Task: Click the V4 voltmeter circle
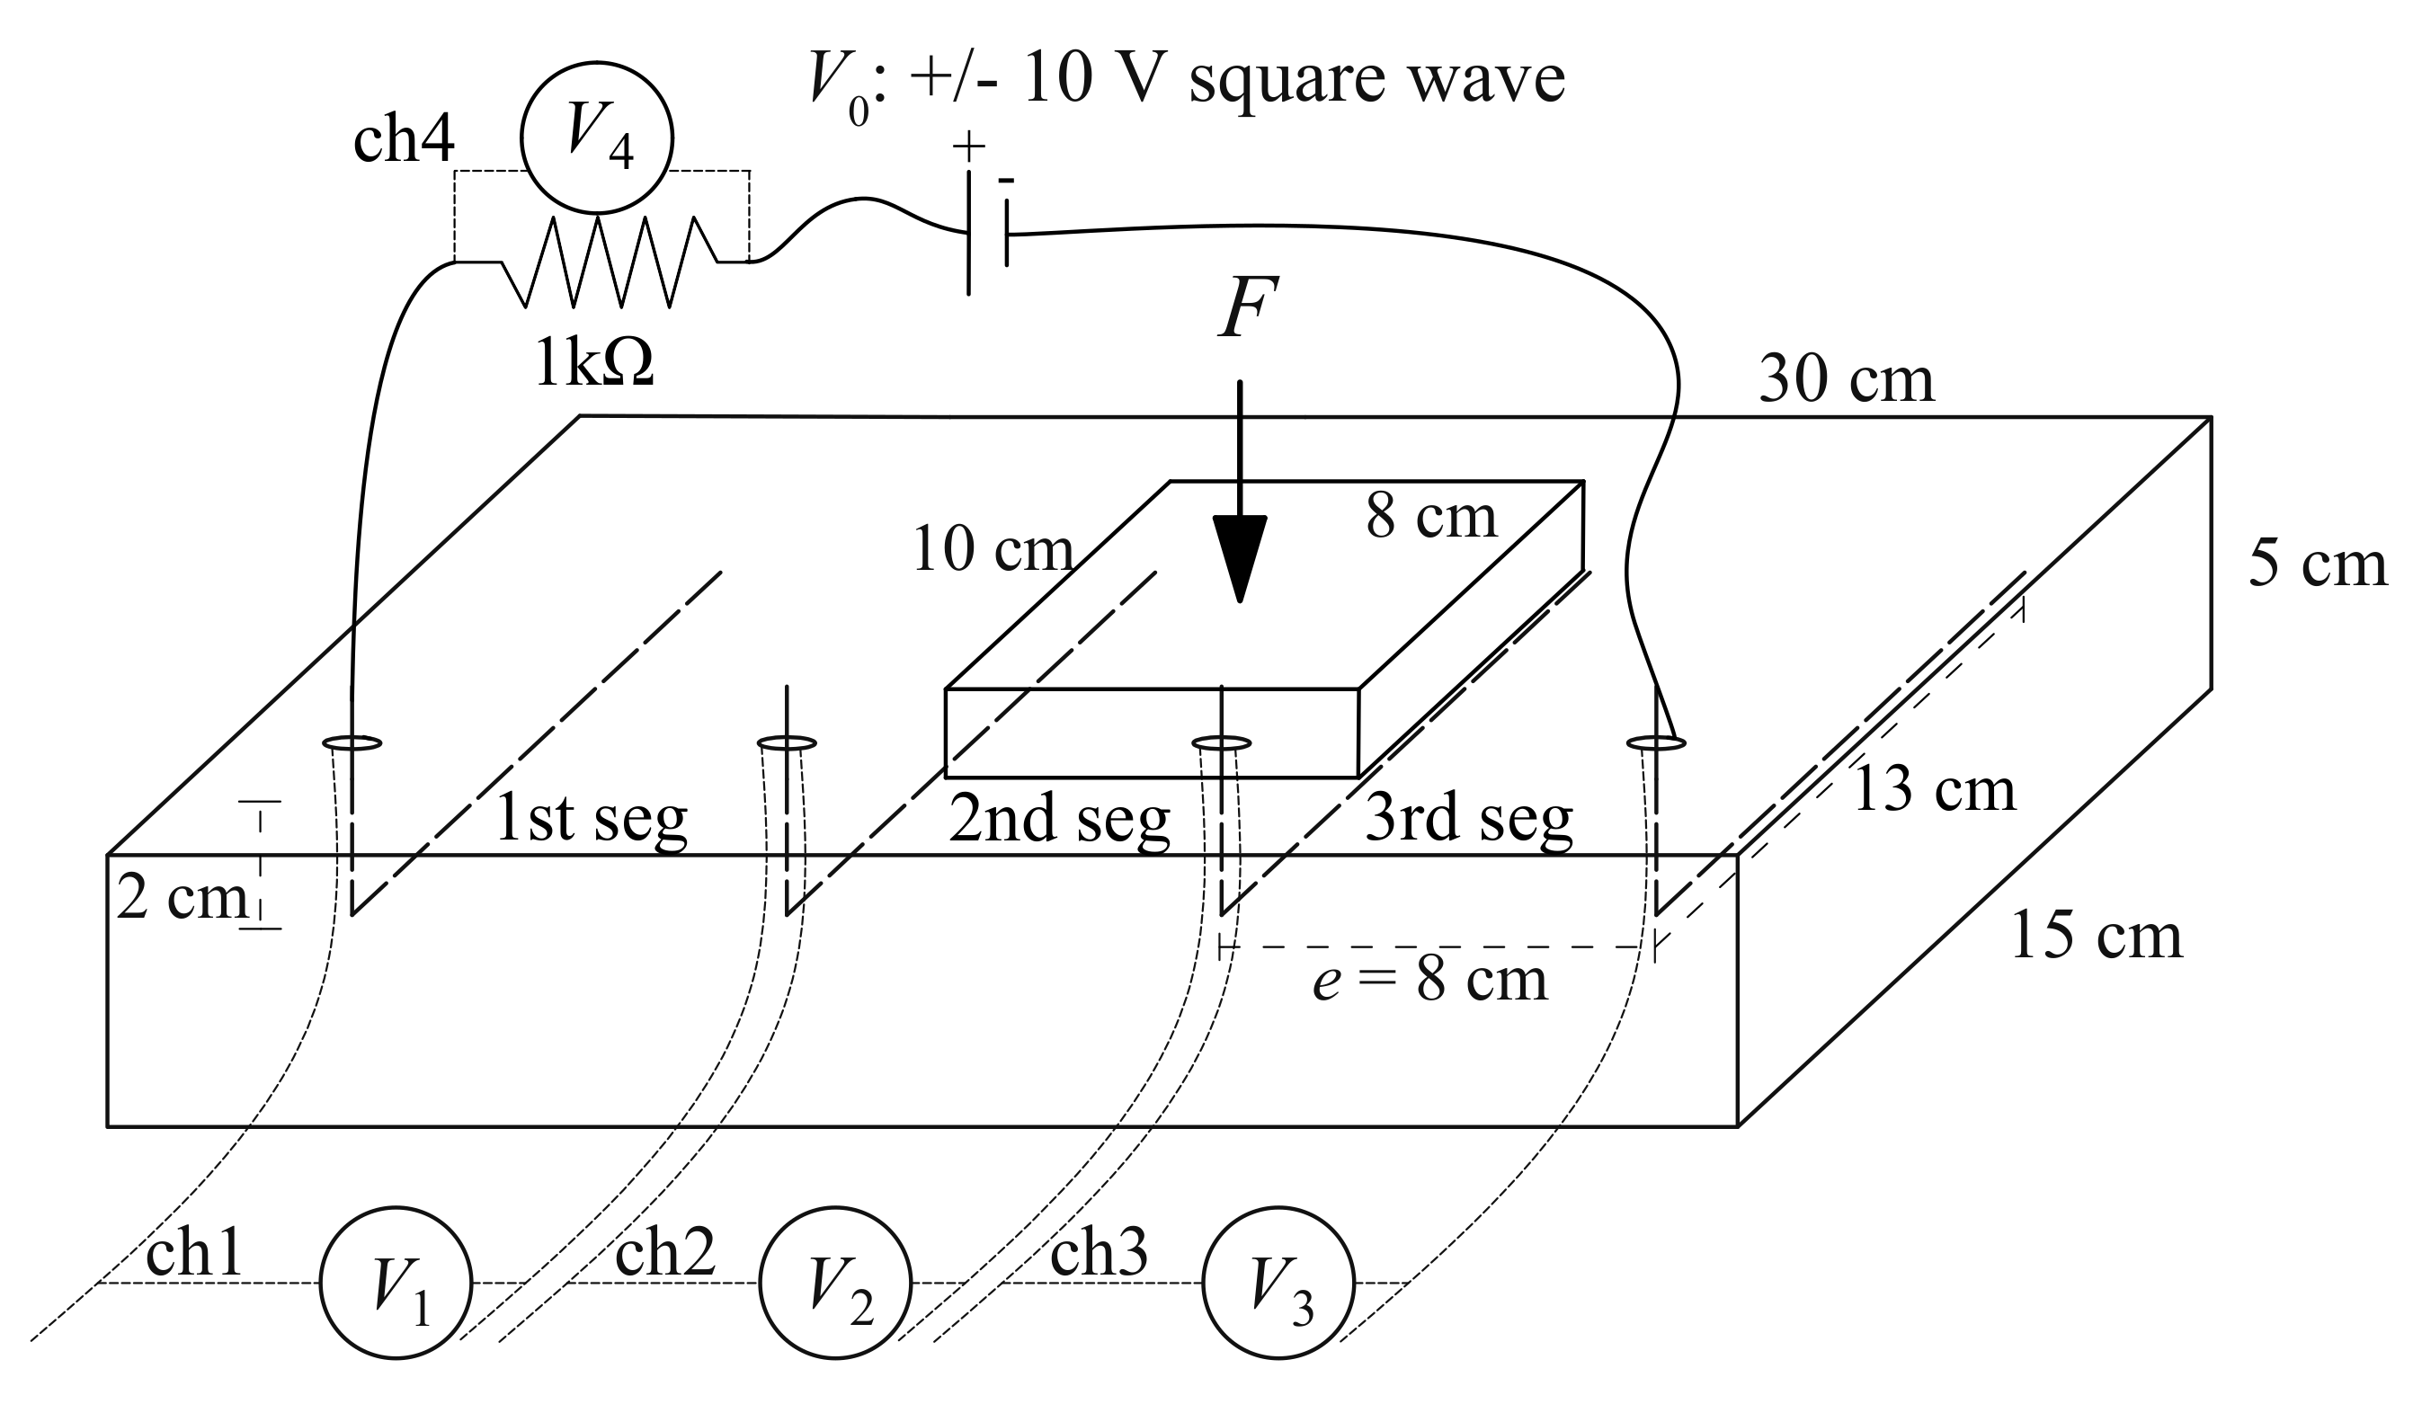597,138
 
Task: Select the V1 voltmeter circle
396,1283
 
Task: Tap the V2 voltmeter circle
835,1283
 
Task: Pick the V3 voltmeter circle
1278,1283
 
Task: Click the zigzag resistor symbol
610,262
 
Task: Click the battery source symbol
986,233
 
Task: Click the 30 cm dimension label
1846,380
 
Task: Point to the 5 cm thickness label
2317,564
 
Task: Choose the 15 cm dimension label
2095,937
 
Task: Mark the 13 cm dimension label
1934,791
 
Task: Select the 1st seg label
591,820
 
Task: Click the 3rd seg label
1468,820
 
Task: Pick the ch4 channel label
403,141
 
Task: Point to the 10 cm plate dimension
993,550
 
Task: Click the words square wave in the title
1376,78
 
